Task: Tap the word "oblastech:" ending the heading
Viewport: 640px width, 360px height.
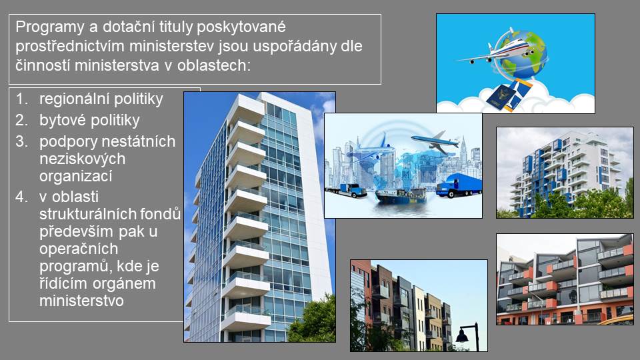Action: point(214,65)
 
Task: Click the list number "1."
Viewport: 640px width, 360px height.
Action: point(21,99)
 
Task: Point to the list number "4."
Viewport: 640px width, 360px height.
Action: point(21,197)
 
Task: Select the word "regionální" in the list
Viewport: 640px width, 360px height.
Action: point(74,99)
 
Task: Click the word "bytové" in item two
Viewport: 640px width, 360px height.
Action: point(62,121)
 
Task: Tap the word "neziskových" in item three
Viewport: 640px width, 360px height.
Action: point(82,159)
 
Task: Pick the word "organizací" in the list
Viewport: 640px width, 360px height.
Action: point(75,177)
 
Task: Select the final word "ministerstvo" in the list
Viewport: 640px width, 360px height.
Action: point(81,301)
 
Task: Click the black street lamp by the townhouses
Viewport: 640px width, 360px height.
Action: point(469,337)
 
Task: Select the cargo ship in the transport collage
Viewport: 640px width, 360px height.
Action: point(401,195)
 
